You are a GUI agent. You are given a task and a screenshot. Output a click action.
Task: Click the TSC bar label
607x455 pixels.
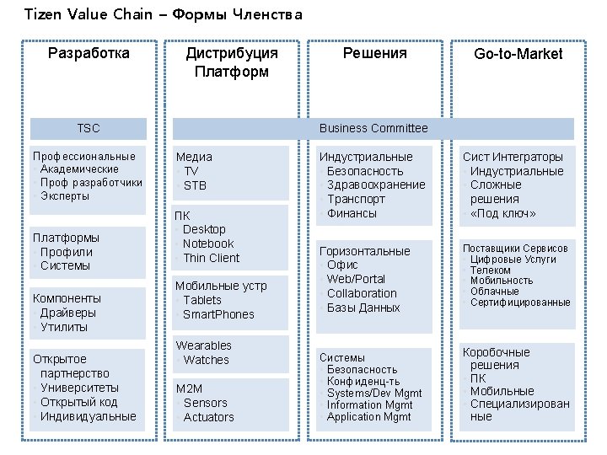[89, 128]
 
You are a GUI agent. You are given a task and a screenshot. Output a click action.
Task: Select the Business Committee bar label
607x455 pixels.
[373, 128]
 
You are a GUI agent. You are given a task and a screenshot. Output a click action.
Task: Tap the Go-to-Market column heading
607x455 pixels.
[518, 54]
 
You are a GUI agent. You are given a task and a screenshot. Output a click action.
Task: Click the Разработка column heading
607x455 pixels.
[89, 53]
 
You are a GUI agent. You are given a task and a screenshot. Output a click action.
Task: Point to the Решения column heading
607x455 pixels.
[374, 53]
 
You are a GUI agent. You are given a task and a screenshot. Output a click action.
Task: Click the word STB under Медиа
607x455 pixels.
[195, 185]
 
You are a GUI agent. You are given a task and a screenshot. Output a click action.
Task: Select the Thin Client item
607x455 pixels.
[211, 258]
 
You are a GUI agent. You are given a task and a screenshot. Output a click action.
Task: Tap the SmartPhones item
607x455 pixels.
[218, 314]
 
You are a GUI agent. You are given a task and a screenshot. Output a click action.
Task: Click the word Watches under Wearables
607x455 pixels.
[206, 360]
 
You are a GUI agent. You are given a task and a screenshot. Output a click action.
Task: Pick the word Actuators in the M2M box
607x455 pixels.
[208, 417]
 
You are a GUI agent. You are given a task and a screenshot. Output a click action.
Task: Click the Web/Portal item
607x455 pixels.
[356, 279]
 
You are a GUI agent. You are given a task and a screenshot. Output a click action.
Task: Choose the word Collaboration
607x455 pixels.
[362, 293]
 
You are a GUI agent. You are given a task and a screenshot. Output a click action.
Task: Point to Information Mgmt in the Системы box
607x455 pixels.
[369, 405]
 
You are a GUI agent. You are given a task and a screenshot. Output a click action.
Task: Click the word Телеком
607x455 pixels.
[490, 270]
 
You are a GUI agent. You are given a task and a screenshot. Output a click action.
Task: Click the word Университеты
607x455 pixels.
[79, 388]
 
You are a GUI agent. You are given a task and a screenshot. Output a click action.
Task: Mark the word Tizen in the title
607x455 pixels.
[41, 14]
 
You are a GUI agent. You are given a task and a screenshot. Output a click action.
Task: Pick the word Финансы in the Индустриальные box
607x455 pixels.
[352, 213]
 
